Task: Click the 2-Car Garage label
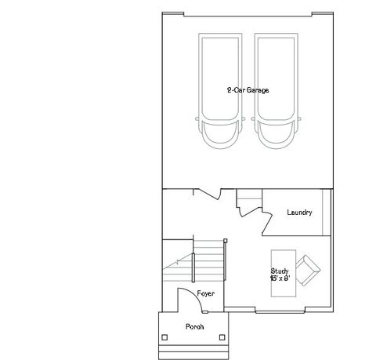coord(247,91)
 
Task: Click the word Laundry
coord(299,213)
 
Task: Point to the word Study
coord(279,271)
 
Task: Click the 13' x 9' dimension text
coord(280,278)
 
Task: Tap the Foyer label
coord(206,293)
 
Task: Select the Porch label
coord(195,326)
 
